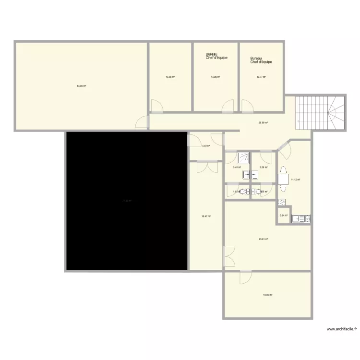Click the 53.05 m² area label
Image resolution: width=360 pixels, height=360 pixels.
pos(81,86)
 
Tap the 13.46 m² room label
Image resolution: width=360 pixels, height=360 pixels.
pos(170,77)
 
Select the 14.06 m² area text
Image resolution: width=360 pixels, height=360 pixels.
pos(216,77)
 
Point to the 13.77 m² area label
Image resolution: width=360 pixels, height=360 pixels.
pos(261,77)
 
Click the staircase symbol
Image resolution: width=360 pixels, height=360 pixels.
pos(321,113)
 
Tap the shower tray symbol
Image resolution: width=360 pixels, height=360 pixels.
pos(244,157)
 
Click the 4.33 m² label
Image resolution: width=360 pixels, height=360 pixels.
pos(206,146)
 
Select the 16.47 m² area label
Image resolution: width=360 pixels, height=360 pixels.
pos(206,216)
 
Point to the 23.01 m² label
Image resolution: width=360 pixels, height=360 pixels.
pos(263,239)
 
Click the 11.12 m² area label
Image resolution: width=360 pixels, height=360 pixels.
pos(296,180)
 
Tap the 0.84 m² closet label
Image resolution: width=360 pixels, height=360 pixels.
pos(283,216)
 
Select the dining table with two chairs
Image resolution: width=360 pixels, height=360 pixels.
pos(282,179)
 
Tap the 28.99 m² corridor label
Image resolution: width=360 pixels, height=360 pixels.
pos(263,122)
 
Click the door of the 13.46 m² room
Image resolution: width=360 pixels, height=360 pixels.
pos(157,106)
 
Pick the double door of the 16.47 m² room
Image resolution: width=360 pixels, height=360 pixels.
pos(205,166)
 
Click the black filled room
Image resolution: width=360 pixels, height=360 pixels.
pos(126,201)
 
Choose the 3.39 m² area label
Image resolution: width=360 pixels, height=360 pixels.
pos(263,167)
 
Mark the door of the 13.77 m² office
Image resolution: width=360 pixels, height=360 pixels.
pos(248,106)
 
